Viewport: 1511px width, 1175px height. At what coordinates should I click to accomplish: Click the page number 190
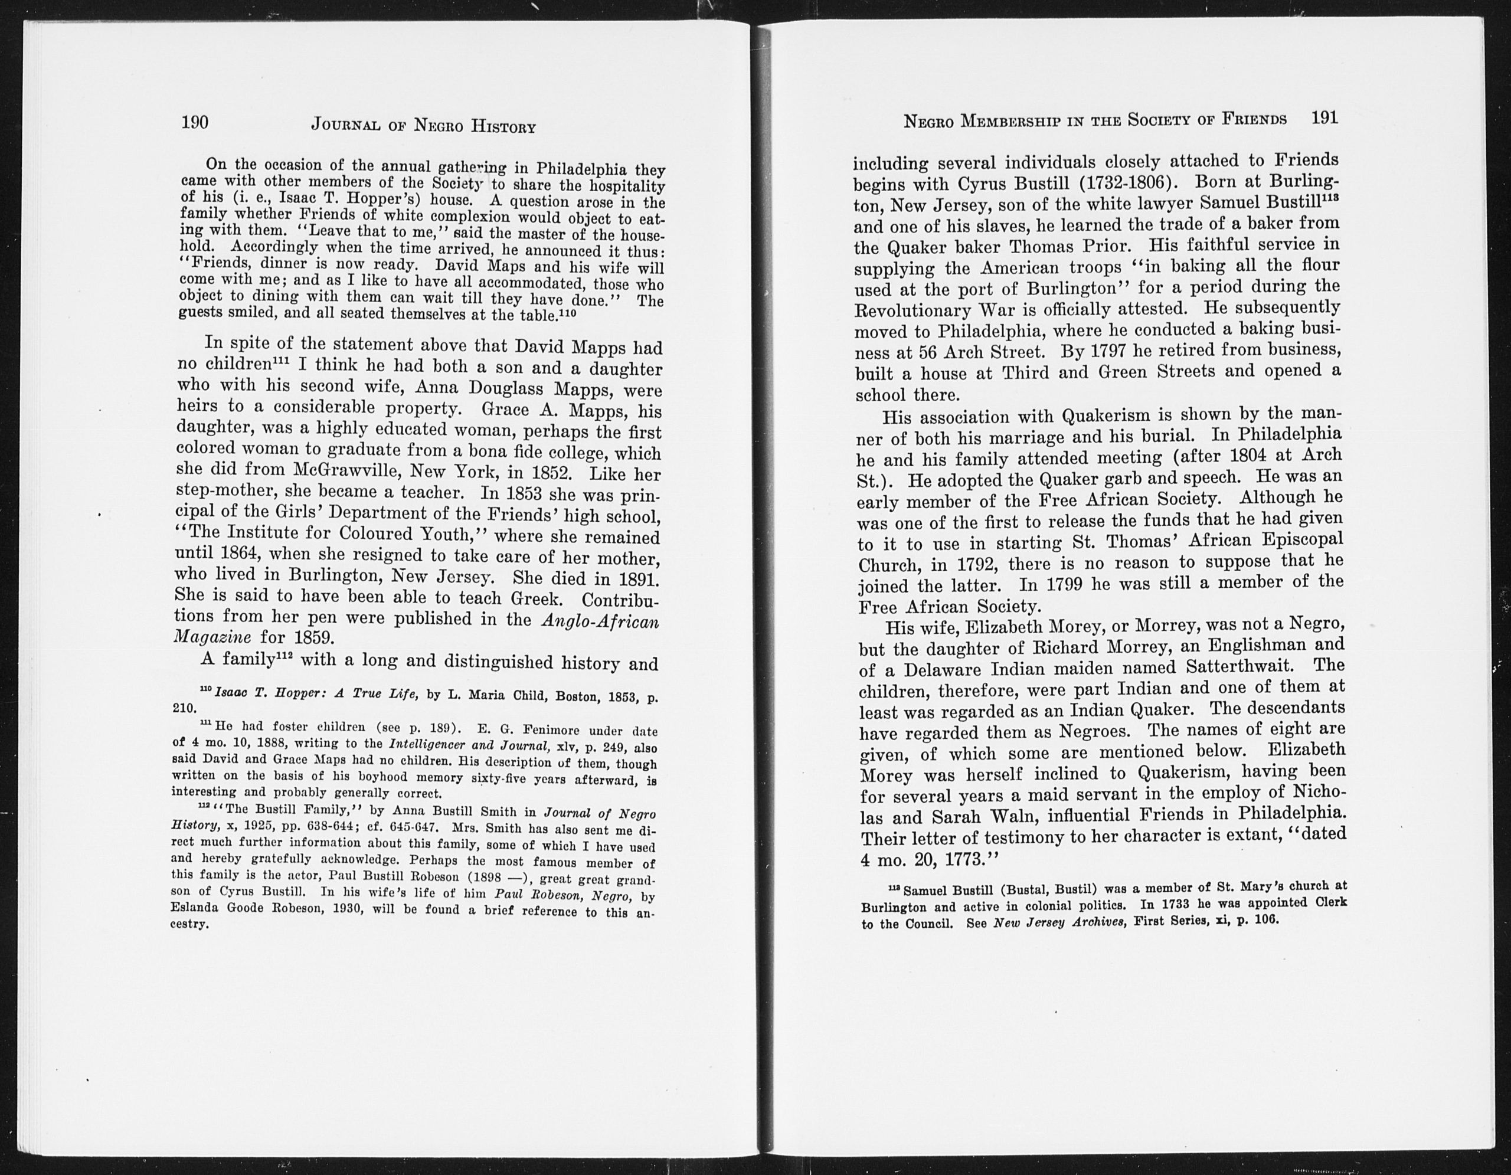(x=194, y=122)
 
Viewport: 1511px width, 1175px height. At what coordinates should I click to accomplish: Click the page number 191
(x=1324, y=117)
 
